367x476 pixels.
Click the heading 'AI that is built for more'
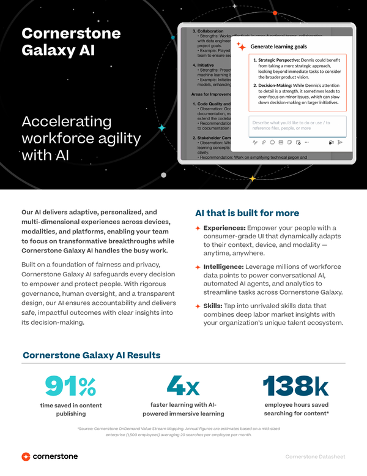pos(247,213)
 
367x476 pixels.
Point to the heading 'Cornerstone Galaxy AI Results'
pos(92,355)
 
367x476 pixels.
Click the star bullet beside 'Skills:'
pos(198,306)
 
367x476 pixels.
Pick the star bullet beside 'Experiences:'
pos(198,228)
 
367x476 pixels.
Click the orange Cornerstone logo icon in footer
pos(26,456)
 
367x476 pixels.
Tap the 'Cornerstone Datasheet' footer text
pos(315,457)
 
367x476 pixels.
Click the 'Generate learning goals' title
pos(278,46)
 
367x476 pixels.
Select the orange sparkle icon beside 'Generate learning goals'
pos(242,47)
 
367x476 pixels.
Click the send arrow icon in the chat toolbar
pos(340,142)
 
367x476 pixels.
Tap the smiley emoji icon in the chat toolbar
pos(272,142)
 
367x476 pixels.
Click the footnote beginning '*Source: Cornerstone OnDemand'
pos(183,431)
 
